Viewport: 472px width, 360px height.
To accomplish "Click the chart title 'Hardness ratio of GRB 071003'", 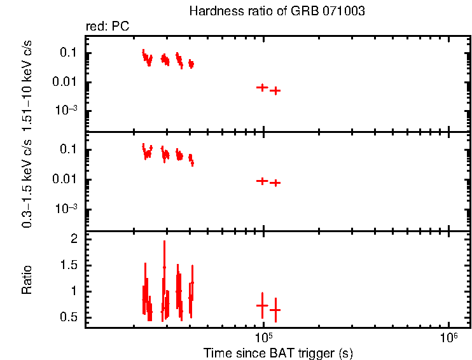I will pyautogui.click(x=277, y=11).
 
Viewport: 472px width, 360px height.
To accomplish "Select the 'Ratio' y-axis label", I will pyautogui.click(x=27, y=280).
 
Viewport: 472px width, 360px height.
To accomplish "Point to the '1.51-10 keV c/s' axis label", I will pyautogui.click(x=27, y=81).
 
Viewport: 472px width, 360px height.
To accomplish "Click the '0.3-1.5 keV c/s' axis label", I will pyautogui.click(x=27, y=183).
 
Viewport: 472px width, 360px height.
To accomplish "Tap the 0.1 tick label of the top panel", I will pyautogui.click(x=68, y=53).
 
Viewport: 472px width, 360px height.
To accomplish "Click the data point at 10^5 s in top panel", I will pyautogui.click(x=262, y=87).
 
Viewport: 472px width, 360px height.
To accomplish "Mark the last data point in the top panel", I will pyautogui.click(x=275, y=91).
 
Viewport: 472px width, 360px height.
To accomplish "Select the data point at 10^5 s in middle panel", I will pyautogui.click(x=262, y=181).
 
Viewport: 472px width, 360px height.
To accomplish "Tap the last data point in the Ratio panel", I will pyautogui.click(x=275, y=310).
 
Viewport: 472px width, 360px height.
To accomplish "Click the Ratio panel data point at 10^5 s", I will pyautogui.click(x=262, y=305).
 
